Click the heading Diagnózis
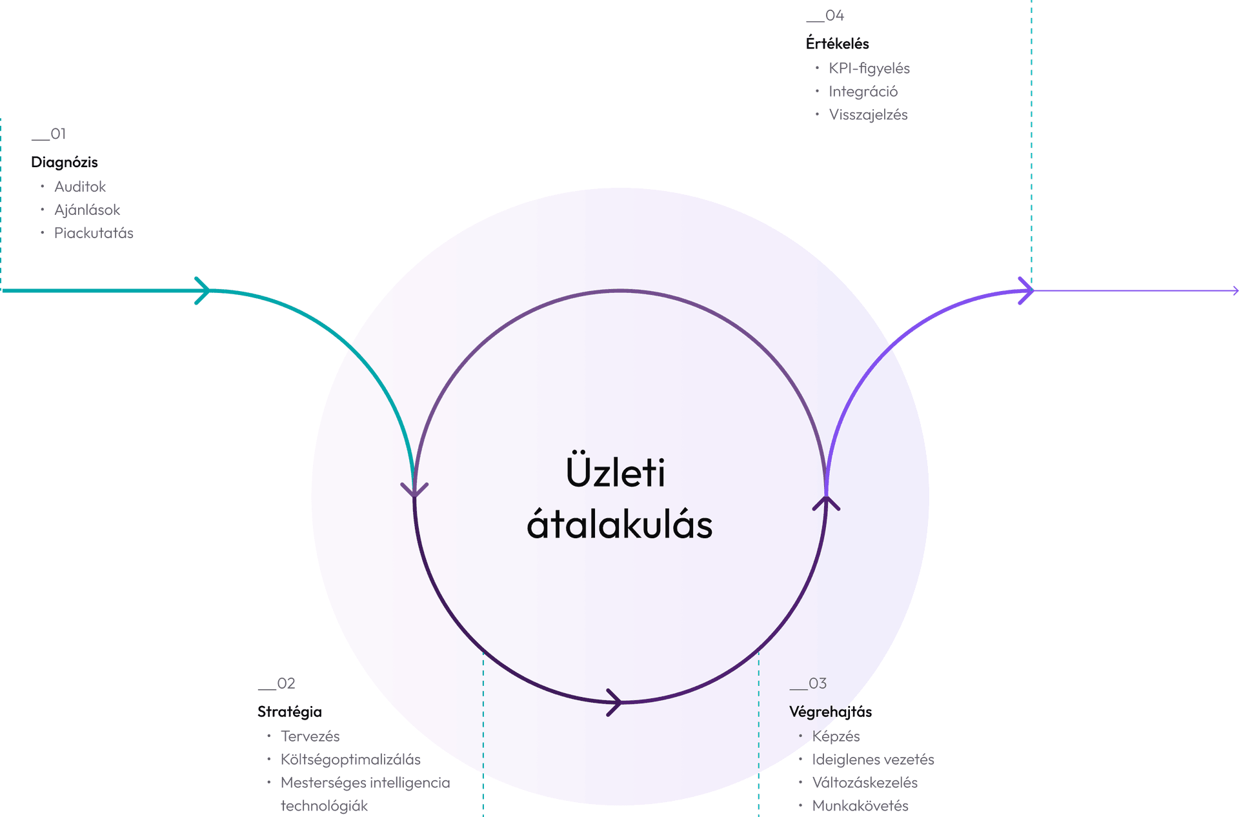click(x=65, y=163)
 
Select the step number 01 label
click(x=49, y=134)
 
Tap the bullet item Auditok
click(x=80, y=187)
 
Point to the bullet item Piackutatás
click(x=94, y=233)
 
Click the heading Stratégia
click(x=290, y=712)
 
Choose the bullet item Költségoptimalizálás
click(x=350, y=760)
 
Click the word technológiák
click(x=324, y=806)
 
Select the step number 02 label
click(x=277, y=683)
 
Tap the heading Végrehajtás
click(x=831, y=712)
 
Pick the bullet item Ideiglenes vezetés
click(x=873, y=760)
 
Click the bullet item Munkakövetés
click(x=860, y=806)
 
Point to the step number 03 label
click(x=808, y=683)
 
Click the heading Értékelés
click(x=837, y=44)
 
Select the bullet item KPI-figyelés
click(x=869, y=68)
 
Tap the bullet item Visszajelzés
click(x=868, y=115)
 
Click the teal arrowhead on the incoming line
click(x=203, y=291)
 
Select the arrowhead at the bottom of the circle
click(x=614, y=702)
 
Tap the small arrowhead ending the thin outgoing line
click(x=1236, y=291)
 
